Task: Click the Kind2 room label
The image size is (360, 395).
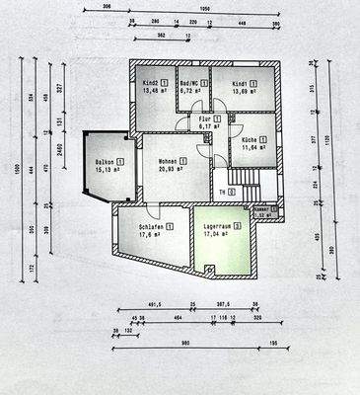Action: pyautogui.click(x=151, y=83)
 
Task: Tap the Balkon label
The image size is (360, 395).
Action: pyautogui.click(x=106, y=161)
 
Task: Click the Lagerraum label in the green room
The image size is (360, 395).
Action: pyautogui.click(x=217, y=226)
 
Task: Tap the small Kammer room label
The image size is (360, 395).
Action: pyautogui.click(x=260, y=209)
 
